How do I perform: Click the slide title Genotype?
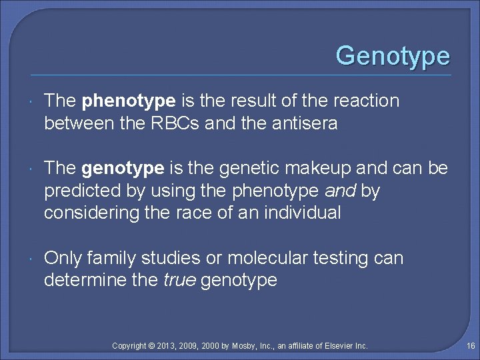(393, 56)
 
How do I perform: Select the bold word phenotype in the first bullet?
(129, 101)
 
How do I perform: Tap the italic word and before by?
(340, 191)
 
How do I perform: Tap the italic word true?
(179, 280)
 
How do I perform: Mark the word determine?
(83, 280)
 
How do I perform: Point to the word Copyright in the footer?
(131, 345)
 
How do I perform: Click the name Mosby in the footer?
(243, 345)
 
